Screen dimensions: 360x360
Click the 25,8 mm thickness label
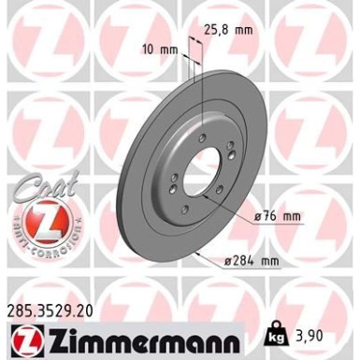[x=228, y=30]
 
